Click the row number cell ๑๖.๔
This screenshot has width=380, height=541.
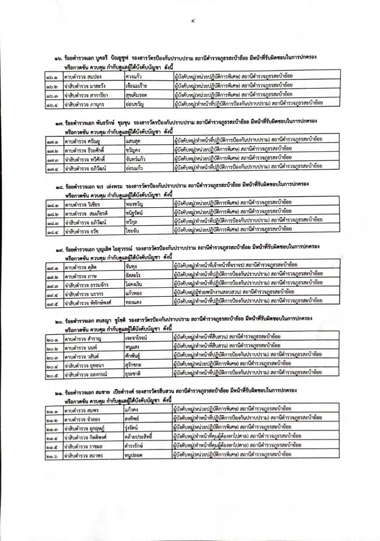tap(54, 105)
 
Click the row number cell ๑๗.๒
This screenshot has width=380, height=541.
tap(54, 150)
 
